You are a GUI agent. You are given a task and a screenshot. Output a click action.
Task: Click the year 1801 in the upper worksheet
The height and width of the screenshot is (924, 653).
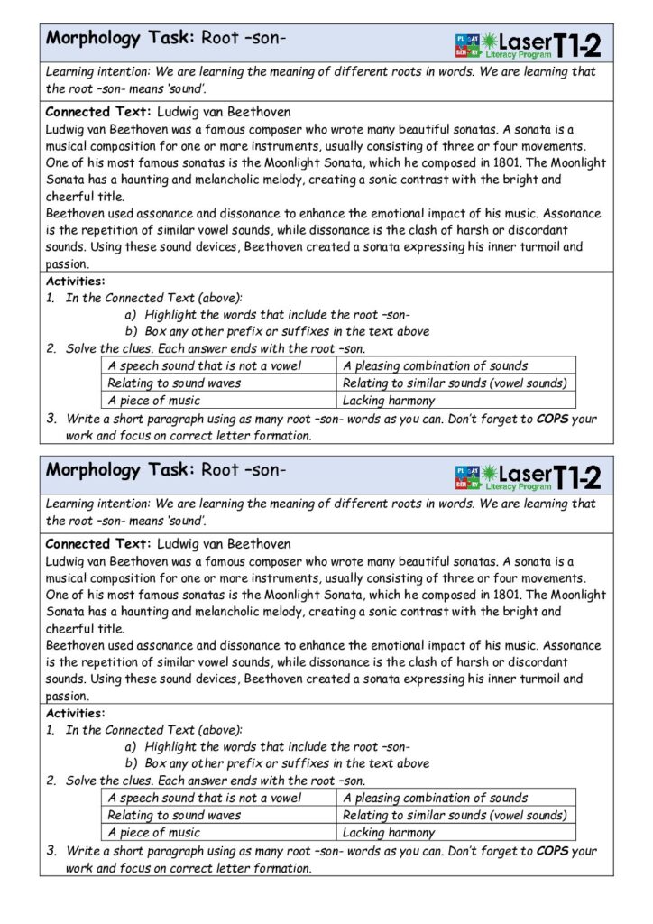[x=501, y=162]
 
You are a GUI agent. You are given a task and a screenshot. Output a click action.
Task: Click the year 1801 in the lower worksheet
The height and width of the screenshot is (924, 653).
[x=501, y=595]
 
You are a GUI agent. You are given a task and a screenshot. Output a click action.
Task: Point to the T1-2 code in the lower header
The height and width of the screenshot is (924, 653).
[x=577, y=476]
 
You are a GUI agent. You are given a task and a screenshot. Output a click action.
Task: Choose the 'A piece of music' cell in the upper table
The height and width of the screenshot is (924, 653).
[x=154, y=400]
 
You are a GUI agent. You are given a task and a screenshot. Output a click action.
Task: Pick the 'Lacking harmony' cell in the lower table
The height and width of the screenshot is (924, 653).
[x=388, y=832]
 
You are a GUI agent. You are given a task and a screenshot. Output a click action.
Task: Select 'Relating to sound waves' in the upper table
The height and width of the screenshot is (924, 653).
[x=174, y=383]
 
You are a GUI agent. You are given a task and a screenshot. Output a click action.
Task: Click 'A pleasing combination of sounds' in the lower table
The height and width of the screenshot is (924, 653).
[x=435, y=798]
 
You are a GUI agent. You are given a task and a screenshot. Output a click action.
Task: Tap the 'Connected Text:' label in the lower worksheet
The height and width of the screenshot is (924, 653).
[x=98, y=544]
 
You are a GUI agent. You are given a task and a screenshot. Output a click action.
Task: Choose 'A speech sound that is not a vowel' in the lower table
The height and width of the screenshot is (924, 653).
[x=204, y=798]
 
